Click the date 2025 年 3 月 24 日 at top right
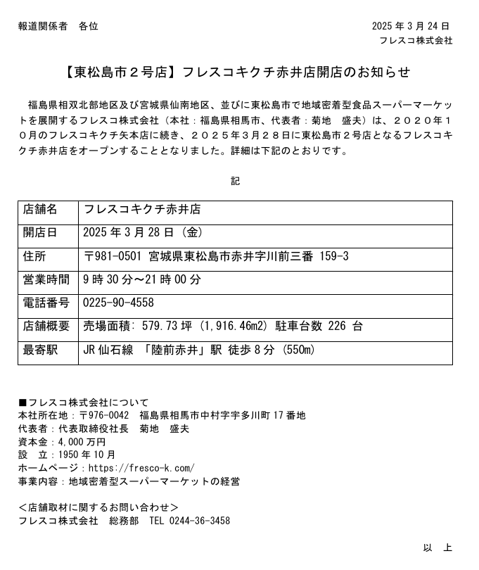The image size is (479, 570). click(410, 27)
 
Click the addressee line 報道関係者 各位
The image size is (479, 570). click(58, 27)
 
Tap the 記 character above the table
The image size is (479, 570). click(235, 181)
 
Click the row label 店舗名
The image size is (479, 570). click(40, 210)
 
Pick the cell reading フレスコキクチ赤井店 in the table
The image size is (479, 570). click(142, 210)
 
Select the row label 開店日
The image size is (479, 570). click(40, 233)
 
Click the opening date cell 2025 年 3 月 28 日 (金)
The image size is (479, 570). click(143, 233)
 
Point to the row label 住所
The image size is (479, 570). click(34, 256)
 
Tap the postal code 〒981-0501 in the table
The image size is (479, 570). click(113, 256)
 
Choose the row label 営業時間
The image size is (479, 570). click(46, 280)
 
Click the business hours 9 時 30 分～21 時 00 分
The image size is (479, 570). click(142, 280)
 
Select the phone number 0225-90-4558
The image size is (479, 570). click(118, 303)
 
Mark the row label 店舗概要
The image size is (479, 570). click(46, 327)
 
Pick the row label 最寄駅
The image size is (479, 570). click(40, 350)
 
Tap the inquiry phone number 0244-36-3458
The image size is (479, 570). click(200, 521)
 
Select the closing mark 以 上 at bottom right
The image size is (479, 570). click(438, 548)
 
